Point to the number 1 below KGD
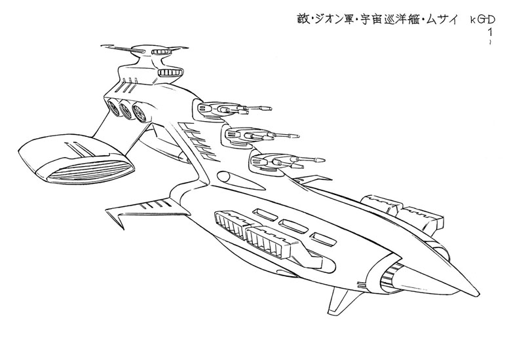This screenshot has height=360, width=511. point(490,31)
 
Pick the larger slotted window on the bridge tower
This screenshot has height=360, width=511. point(173,72)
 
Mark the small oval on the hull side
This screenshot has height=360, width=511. point(223,177)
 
